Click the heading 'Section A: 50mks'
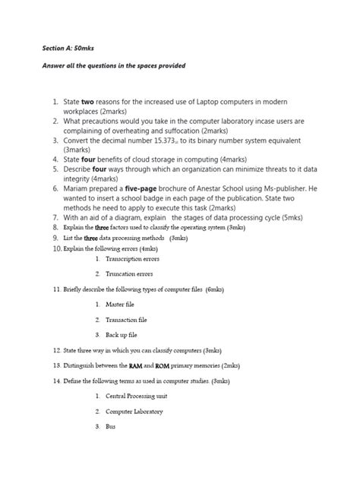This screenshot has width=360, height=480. tap(67, 48)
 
